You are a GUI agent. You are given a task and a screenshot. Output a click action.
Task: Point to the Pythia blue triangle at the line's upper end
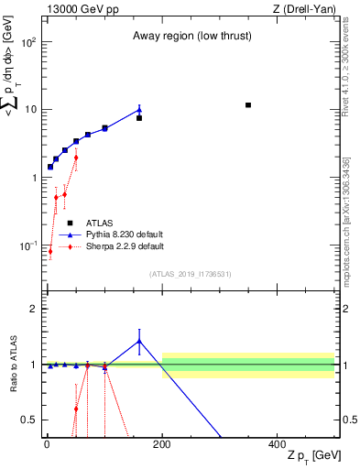point(139,109)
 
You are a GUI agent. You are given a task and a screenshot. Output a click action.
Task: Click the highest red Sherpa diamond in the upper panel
point(76,158)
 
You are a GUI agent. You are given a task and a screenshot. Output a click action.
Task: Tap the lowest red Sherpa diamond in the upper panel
point(50,252)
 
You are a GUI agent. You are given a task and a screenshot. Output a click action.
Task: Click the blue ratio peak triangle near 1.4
point(139,341)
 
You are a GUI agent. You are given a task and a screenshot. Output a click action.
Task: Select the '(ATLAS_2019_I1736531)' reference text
point(191,274)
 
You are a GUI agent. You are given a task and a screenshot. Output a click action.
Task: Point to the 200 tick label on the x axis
point(162,443)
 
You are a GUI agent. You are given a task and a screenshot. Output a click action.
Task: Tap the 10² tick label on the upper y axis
point(29,42)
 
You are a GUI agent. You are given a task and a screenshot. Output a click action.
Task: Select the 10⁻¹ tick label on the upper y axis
point(29,246)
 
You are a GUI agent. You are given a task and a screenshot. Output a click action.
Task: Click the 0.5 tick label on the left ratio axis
point(29,420)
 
